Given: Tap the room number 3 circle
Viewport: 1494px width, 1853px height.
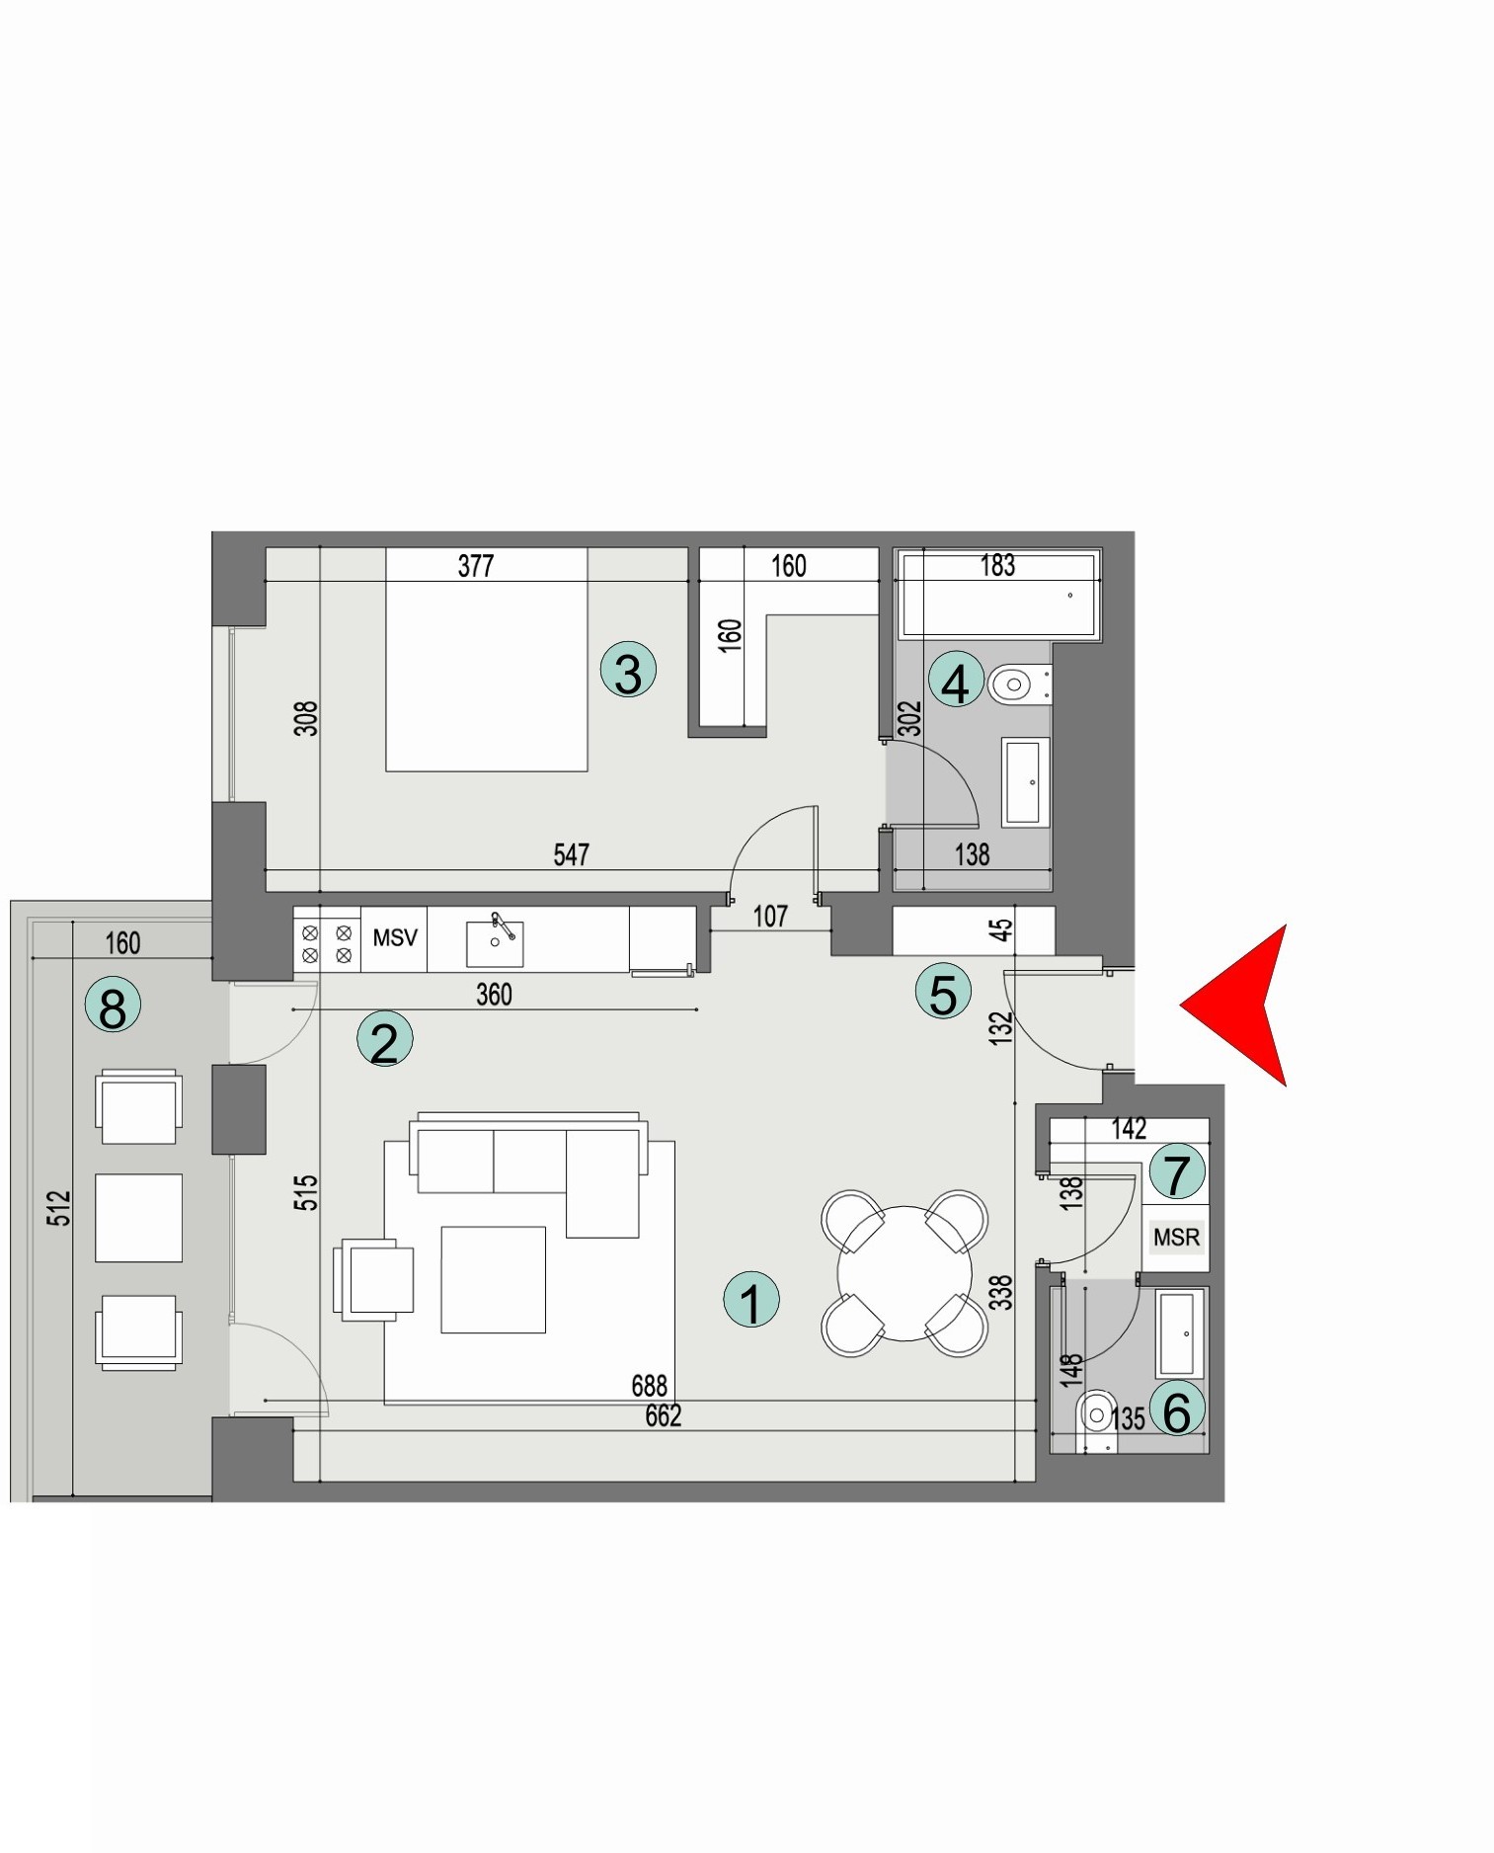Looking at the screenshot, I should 628,670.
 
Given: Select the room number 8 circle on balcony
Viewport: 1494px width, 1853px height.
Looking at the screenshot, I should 113,1007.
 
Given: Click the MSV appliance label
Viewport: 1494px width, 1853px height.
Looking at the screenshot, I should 395,937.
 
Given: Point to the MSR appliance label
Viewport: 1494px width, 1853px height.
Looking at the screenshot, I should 1176,1237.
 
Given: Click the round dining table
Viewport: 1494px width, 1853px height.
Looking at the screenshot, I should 904,1273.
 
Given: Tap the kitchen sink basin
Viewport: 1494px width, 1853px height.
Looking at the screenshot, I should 495,944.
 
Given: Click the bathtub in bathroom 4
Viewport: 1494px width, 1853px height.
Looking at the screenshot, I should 997,595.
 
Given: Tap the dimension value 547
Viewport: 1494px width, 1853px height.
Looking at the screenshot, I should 572,854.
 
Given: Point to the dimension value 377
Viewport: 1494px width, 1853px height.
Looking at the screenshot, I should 476,566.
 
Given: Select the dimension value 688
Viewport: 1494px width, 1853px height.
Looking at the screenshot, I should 650,1386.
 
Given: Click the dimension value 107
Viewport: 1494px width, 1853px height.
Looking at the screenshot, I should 770,917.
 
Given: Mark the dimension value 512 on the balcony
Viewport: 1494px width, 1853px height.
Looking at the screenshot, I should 60,1207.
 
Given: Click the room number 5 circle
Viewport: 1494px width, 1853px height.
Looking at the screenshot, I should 943,992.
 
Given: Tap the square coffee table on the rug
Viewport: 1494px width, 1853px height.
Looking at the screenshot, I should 494,1279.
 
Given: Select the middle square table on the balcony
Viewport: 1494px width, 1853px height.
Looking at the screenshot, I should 138,1217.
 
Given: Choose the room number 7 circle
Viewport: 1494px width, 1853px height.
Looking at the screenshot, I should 1176,1172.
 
